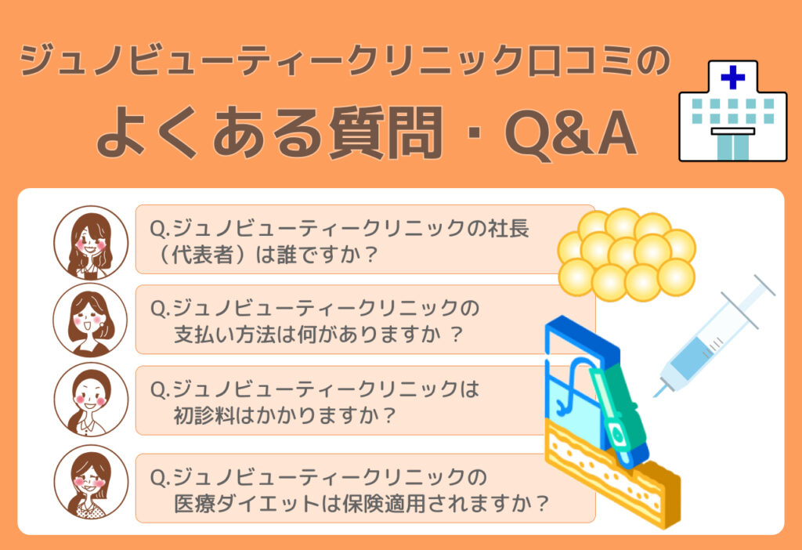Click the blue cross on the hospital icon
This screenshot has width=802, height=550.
pyautogui.click(x=732, y=78)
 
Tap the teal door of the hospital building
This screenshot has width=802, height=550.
pyautogui.click(x=732, y=147)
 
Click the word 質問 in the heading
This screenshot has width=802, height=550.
pyautogui.click(x=385, y=132)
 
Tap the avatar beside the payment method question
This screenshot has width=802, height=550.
pyautogui.click(x=91, y=320)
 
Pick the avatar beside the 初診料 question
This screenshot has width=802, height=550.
pyautogui.click(x=91, y=400)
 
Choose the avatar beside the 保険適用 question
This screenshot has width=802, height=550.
pyautogui.click(x=91, y=482)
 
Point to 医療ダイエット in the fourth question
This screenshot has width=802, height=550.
pyautogui.click(x=246, y=504)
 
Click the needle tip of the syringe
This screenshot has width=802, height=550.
pyautogui.click(x=656, y=396)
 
